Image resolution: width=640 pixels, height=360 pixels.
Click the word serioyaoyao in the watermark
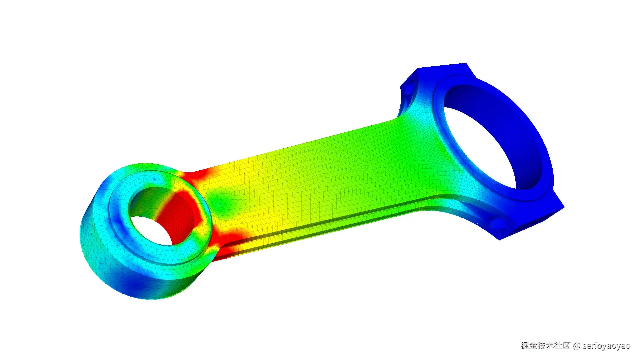click(606, 346)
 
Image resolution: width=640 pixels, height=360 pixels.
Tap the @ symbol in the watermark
click(577, 346)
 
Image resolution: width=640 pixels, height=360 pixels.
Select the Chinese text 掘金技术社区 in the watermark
click(545, 346)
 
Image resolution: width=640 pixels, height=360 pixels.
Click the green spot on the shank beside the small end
click(223, 200)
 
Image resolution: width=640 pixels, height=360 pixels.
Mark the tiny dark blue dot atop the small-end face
click(154, 179)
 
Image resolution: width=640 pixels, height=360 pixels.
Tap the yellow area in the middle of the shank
click(260, 187)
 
